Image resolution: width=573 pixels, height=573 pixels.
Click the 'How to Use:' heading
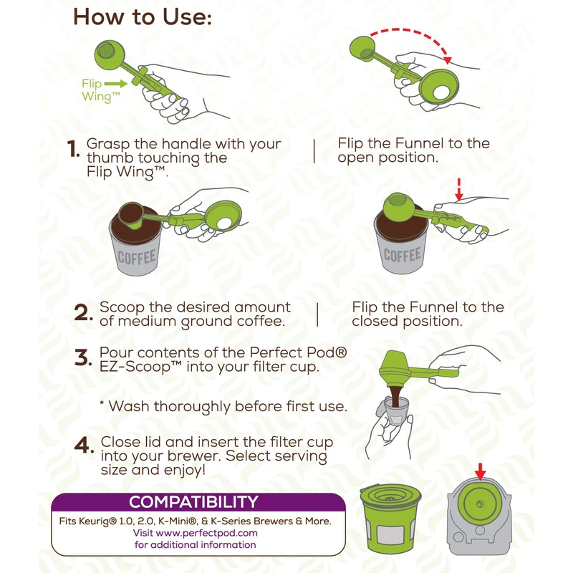click(143, 17)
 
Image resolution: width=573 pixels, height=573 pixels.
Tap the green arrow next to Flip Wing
click(116, 84)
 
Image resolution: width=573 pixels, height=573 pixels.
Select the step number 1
click(73, 150)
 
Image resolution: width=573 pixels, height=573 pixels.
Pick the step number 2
click(82, 313)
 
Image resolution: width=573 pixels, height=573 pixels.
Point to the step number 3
click(82, 357)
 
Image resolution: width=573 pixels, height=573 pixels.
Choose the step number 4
click(84, 445)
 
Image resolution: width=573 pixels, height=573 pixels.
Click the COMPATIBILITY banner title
click(193, 502)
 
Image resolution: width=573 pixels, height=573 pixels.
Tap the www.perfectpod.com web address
click(206, 533)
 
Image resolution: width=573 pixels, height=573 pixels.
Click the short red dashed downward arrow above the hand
click(459, 189)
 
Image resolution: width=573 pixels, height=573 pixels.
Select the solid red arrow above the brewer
click(480, 471)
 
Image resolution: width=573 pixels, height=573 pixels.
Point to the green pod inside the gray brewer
click(479, 504)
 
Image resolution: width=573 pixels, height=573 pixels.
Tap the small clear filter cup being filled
click(395, 410)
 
